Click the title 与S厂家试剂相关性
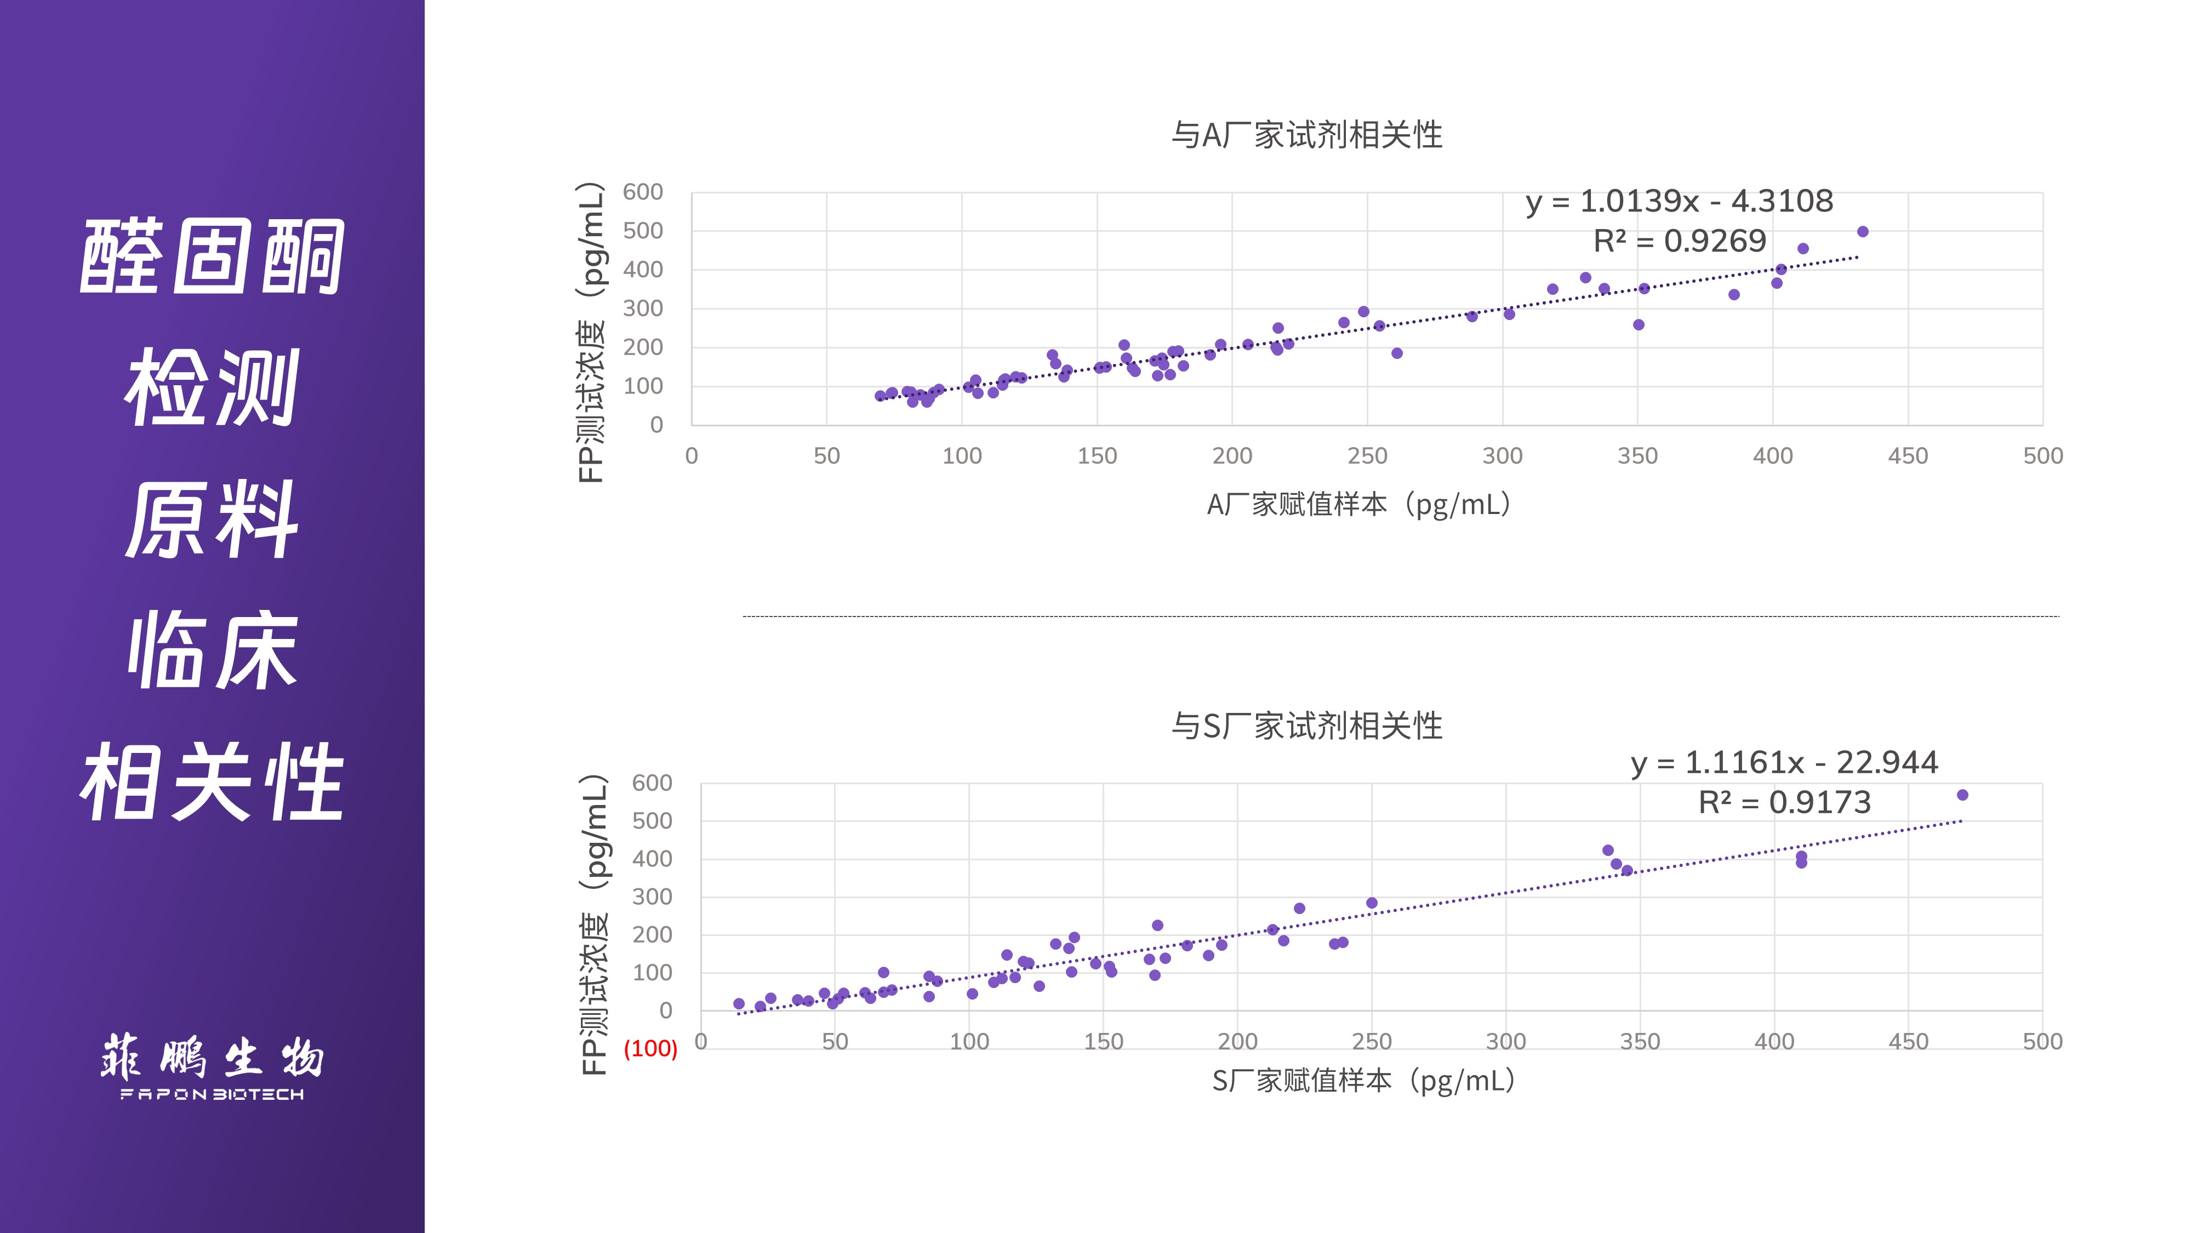tap(1306, 727)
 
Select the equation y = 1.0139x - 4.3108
tap(1679, 202)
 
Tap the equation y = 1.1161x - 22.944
tap(1784, 762)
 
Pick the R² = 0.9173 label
tap(1784, 802)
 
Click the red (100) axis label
tap(650, 1048)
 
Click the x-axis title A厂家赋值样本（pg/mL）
tap(1359, 505)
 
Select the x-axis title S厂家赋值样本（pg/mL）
tap(1363, 1081)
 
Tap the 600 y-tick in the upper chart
tap(642, 192)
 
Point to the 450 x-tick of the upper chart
tap(1908, 456)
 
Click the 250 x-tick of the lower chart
tap(1372, 1042)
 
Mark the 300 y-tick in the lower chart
tap(652, 897)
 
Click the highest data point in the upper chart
tap(1863, 231)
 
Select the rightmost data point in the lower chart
tap(1962, 795)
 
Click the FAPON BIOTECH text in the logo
tap(212, 1094)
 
